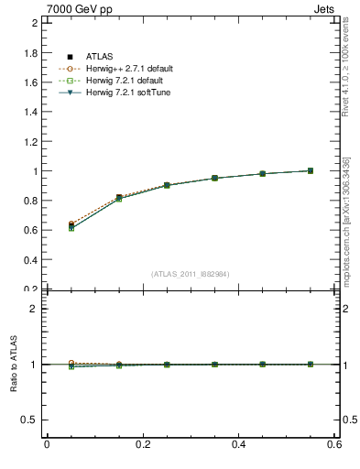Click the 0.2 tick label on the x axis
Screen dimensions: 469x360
142,445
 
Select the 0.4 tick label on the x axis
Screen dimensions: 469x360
238,445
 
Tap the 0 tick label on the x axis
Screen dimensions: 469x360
47,445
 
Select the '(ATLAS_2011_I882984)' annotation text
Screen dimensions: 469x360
190,274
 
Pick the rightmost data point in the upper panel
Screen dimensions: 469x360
310,170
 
